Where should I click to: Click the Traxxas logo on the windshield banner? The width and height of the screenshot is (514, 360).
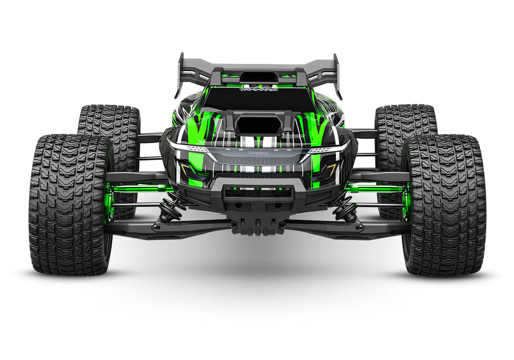258,89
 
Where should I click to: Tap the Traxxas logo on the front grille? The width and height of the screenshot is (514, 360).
258,153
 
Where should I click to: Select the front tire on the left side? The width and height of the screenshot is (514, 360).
70,205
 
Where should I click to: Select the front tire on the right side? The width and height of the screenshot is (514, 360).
445,205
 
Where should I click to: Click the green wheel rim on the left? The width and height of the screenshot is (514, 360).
109,202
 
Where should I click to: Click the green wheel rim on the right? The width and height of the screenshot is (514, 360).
407,202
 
